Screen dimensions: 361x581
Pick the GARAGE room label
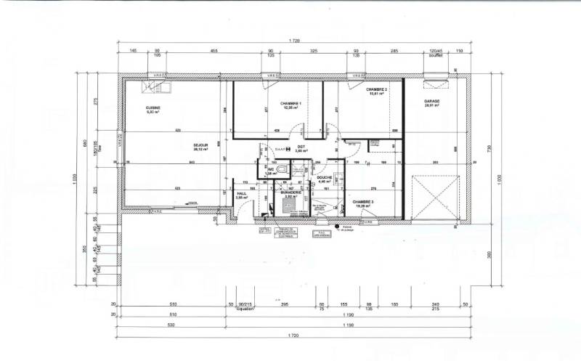coord(434,103)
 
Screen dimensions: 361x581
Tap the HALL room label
coord(242,194)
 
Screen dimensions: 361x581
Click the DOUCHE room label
coord(324,178)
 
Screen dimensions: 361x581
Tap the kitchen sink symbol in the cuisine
coord(158,87)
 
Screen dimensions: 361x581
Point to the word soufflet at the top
coord(436,57)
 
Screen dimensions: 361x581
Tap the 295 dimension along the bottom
coord(286,304)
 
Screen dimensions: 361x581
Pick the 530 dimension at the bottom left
coord(171,326)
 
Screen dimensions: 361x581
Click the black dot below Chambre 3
coord(338,225)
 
